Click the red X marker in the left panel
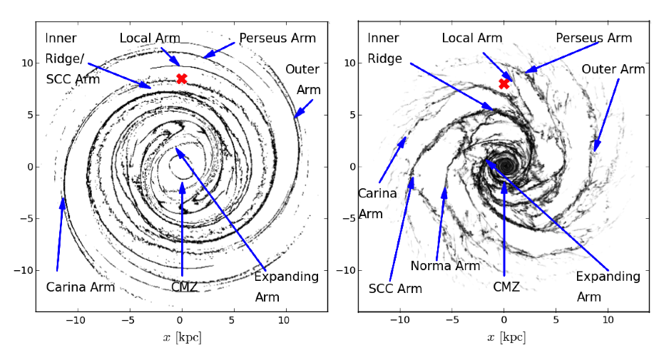(182, 78)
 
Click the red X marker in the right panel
(504, 83)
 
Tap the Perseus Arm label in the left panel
(277, 38)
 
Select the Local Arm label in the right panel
(472, 38)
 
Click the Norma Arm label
(446, 266)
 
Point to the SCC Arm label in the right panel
(396, 289)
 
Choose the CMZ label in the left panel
(184, 287)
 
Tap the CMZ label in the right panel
(506, 287)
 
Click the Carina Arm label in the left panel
(81, 287)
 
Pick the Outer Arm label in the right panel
(613, 69)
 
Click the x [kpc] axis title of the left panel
(182, 337)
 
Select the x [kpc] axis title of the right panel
(506, 337)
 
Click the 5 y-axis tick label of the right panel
(352, 115)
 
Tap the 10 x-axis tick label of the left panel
(284, 320)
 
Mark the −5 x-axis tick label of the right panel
(452, 320)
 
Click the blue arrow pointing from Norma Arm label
(441, 225)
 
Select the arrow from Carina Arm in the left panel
(60, 235)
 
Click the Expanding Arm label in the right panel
(608, 287)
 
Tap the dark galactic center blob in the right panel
(506, 164)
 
